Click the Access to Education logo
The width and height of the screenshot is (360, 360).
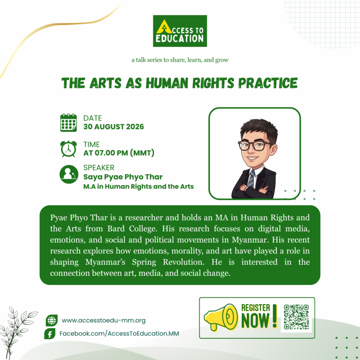(180, 31)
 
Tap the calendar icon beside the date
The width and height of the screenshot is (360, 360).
(69, 122)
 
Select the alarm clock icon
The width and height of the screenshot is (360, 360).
(69, 149)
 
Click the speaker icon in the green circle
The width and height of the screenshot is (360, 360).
(69, 174)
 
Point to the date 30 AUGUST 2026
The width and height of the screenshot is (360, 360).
(114, 127)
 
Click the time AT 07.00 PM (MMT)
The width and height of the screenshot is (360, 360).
(119, 153)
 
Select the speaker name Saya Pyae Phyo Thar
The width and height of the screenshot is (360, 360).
(123, 177)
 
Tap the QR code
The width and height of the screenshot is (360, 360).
(296, 317)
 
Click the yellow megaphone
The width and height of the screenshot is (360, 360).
(221, 318)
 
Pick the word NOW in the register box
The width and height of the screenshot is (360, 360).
(255, 321)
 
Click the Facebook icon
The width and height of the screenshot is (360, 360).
(50, 334)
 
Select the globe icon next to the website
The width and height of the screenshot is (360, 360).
(52, 320)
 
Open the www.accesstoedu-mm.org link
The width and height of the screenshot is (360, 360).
(103, 321)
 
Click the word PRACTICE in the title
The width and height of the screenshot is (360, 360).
(268, 83)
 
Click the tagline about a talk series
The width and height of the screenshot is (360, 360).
(180, 60)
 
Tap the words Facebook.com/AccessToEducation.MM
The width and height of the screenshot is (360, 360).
(119, 334)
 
